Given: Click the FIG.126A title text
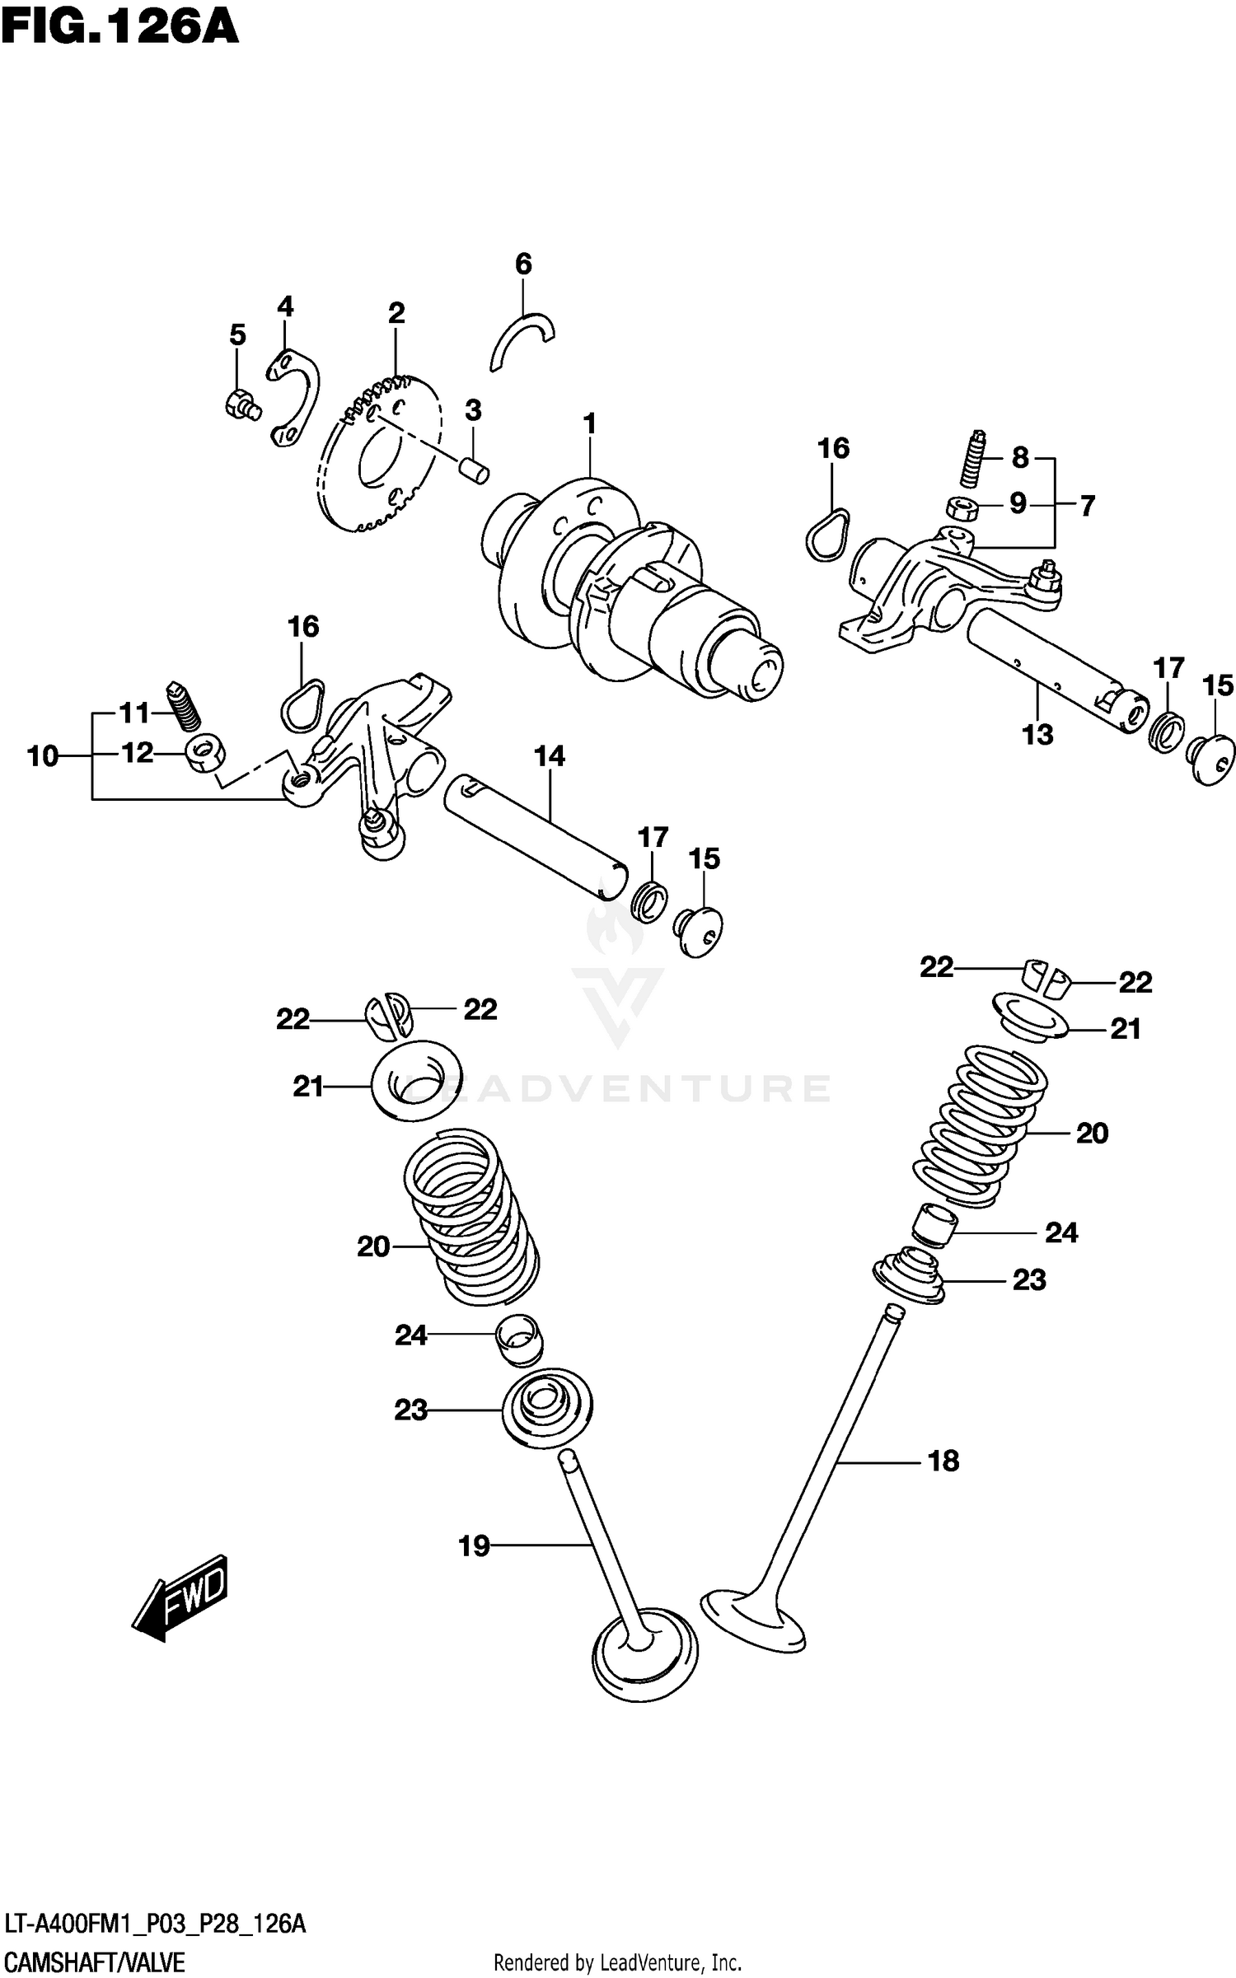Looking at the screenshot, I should pos(120,26).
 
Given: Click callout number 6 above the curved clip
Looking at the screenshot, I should pos(523,264).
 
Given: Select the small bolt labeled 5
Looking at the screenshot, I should pos(240,404).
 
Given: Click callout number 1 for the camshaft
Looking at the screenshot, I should pos(589,425).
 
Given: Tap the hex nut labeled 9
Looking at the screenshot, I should pos(960,507).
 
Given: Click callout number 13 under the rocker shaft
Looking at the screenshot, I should pos(1037,734).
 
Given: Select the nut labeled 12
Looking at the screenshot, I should pos(203,754).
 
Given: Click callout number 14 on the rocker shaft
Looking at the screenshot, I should pos(550,756).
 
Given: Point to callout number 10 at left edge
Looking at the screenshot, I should pos(43,755).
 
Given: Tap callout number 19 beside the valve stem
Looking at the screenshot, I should pos(474,1546).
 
